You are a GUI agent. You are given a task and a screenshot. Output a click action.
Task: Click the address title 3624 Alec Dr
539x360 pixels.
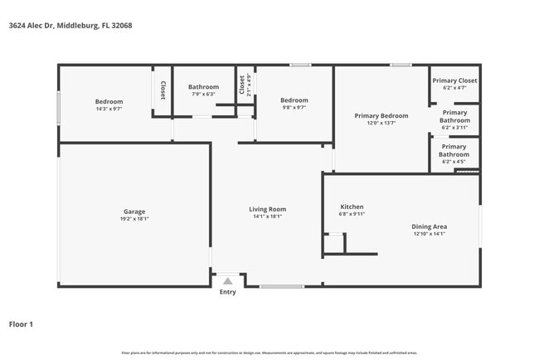click(70, 26)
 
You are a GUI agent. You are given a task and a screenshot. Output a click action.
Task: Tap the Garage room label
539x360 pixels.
click(134, 212)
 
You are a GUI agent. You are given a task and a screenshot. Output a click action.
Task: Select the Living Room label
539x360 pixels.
click(267, 209)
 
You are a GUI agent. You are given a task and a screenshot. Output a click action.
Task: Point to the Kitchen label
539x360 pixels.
click(352, 207)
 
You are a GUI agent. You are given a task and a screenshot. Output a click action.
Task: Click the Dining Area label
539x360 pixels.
click(430, 226)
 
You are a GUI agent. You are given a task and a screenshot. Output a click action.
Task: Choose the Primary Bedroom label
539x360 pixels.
click(381, 115)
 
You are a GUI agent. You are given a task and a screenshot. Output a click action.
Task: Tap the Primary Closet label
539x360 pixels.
click(454, 80)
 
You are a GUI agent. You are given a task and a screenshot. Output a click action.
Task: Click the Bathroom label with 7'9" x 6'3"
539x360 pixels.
click(203, 87)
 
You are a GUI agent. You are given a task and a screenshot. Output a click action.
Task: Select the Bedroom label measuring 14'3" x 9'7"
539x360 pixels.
click(109, 101)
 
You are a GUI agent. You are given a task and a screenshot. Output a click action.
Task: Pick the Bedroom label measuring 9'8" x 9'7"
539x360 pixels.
click(294, 100)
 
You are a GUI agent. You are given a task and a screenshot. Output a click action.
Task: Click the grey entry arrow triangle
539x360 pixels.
click(227, 281)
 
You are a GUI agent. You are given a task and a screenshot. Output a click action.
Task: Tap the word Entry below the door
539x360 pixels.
click(227, 292)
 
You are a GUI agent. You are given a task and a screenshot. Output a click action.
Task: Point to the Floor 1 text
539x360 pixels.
click(21, 324)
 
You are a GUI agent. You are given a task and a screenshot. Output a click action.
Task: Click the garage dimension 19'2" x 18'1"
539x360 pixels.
click(134, 219)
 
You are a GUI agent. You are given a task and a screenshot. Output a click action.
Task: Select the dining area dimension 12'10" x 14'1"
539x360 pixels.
click(430, 234)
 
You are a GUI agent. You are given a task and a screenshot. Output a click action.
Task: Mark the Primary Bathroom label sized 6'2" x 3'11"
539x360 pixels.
click(454, 116)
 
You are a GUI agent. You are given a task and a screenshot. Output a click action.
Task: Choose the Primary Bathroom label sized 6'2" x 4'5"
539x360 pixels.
click(454, 150)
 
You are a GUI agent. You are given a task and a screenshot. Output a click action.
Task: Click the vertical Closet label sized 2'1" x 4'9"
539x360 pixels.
click(242, 85)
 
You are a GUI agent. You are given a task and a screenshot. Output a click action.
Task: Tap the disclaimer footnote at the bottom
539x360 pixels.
click(269, 353)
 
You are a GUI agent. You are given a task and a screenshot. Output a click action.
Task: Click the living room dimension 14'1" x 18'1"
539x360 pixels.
click(267, 216)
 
